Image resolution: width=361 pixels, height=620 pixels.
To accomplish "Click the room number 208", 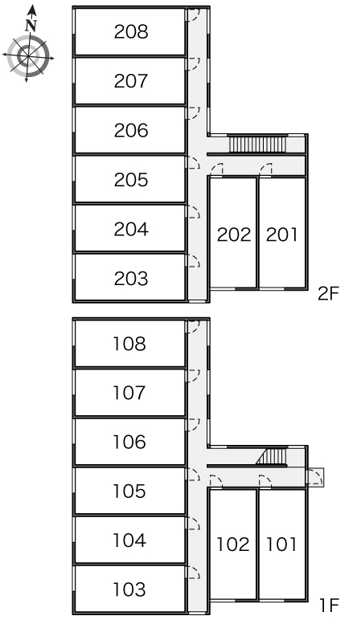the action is point(131,32).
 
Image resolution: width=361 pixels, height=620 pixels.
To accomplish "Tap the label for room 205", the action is point(131,180).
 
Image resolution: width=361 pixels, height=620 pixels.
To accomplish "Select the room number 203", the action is point(131,279).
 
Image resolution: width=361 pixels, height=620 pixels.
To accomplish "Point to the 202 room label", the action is point(234,235).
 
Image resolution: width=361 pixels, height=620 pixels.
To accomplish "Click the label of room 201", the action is point(281,235).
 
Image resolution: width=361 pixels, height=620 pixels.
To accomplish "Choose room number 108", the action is point(129,344).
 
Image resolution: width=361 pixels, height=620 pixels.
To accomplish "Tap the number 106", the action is point(129,442).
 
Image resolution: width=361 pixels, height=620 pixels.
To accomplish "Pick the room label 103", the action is point(129,589).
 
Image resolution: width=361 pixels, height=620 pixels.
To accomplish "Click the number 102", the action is point(232,545).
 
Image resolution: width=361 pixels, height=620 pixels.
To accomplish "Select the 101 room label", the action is point(281,545).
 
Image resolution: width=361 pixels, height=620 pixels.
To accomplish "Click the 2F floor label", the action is point(329,294).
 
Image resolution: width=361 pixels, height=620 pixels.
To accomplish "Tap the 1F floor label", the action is point(330,605).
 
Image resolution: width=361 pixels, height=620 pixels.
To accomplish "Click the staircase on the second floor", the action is point(258,145).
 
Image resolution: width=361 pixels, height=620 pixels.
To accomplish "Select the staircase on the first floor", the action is point(272,456).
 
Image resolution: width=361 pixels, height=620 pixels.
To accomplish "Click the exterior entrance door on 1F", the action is point(315,477).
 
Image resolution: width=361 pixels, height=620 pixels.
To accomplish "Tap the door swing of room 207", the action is point(193,64).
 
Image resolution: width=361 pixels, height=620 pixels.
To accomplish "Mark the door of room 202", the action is point(216,170).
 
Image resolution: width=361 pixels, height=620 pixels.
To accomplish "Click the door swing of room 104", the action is point(193,523).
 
